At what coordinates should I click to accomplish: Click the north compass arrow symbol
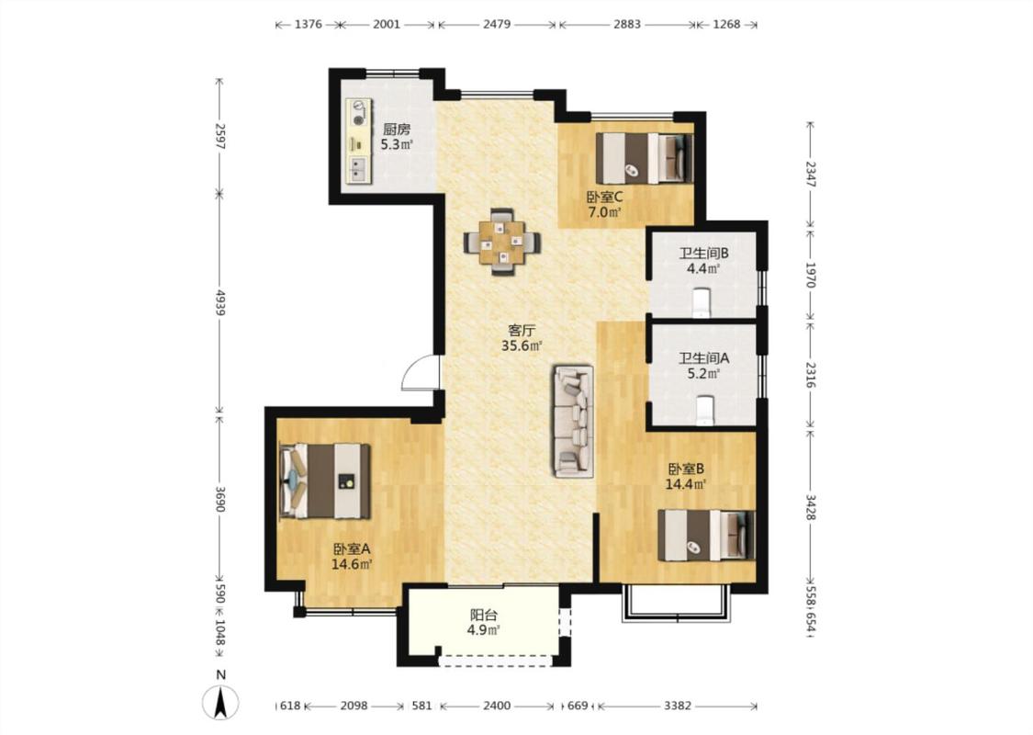220,701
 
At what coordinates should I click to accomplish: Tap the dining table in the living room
502,242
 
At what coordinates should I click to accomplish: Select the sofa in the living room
573,421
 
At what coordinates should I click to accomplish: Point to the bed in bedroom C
645,158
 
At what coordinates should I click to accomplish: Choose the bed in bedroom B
707,536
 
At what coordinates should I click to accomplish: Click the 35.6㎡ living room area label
522,345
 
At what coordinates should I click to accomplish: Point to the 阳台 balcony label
484,615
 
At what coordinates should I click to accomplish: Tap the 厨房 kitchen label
397,130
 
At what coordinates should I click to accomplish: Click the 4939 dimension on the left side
220,302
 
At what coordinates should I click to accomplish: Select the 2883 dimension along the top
626,25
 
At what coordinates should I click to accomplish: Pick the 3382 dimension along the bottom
678,706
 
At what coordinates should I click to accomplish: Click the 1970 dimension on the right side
811,275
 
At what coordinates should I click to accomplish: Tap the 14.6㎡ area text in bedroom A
352,563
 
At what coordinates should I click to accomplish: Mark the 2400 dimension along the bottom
497,706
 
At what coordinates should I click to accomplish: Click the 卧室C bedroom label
605,197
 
